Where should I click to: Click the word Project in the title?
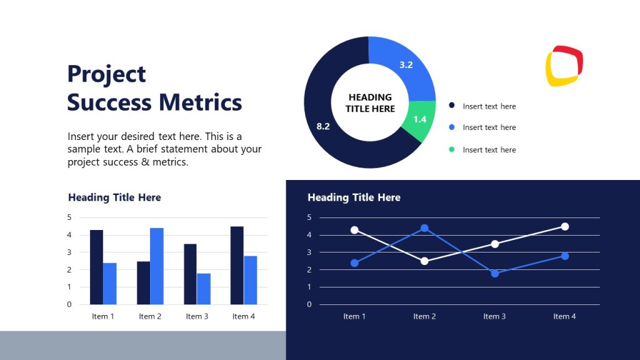pyautogui.click(x=106, y=74)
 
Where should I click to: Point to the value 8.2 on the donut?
pyautogui.click(x=323, y=126)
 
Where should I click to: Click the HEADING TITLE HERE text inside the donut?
pyautogui.click(x=370, y=103)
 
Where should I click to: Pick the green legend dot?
pyautogui.click(x=452, y=149)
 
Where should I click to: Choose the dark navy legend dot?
pyautogui.click(x=452, y=106)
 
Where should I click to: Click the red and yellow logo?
pyautogui.click(x=564, y=66)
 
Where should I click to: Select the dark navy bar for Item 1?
pyautogui.click(x=96, y=267)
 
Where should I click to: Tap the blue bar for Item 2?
pyautogui.click(x=156, y=266)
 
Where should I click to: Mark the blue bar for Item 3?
pyautogui.click(x=204, y=289)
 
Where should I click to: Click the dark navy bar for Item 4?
pyautogui.click(x=237, y=265)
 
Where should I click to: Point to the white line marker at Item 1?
pyautogui.click(x=354, y=230)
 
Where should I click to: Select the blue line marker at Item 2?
pyautogui.click(x=424, y=228)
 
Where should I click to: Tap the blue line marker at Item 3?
pyautogui.click(x=494, y=273)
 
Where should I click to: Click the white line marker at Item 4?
pyautogui.click(x=564, y=226)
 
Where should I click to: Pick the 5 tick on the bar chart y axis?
pyautogui.click(x=69, y=217)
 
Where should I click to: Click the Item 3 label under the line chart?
pyautogui.click(x=494, y=316)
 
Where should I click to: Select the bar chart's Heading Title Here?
pyautogui.click(x=114, y=197)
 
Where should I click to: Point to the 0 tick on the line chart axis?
pyautogui.click(x=309, y=304)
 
